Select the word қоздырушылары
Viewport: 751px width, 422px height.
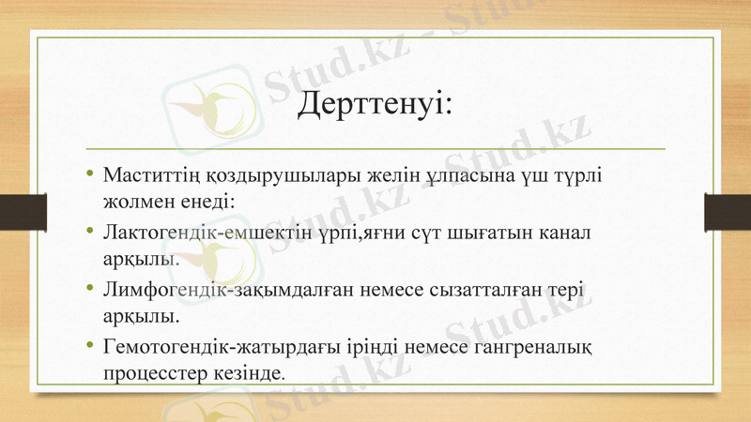[256, 175]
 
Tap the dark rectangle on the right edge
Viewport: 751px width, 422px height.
[730, 211]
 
